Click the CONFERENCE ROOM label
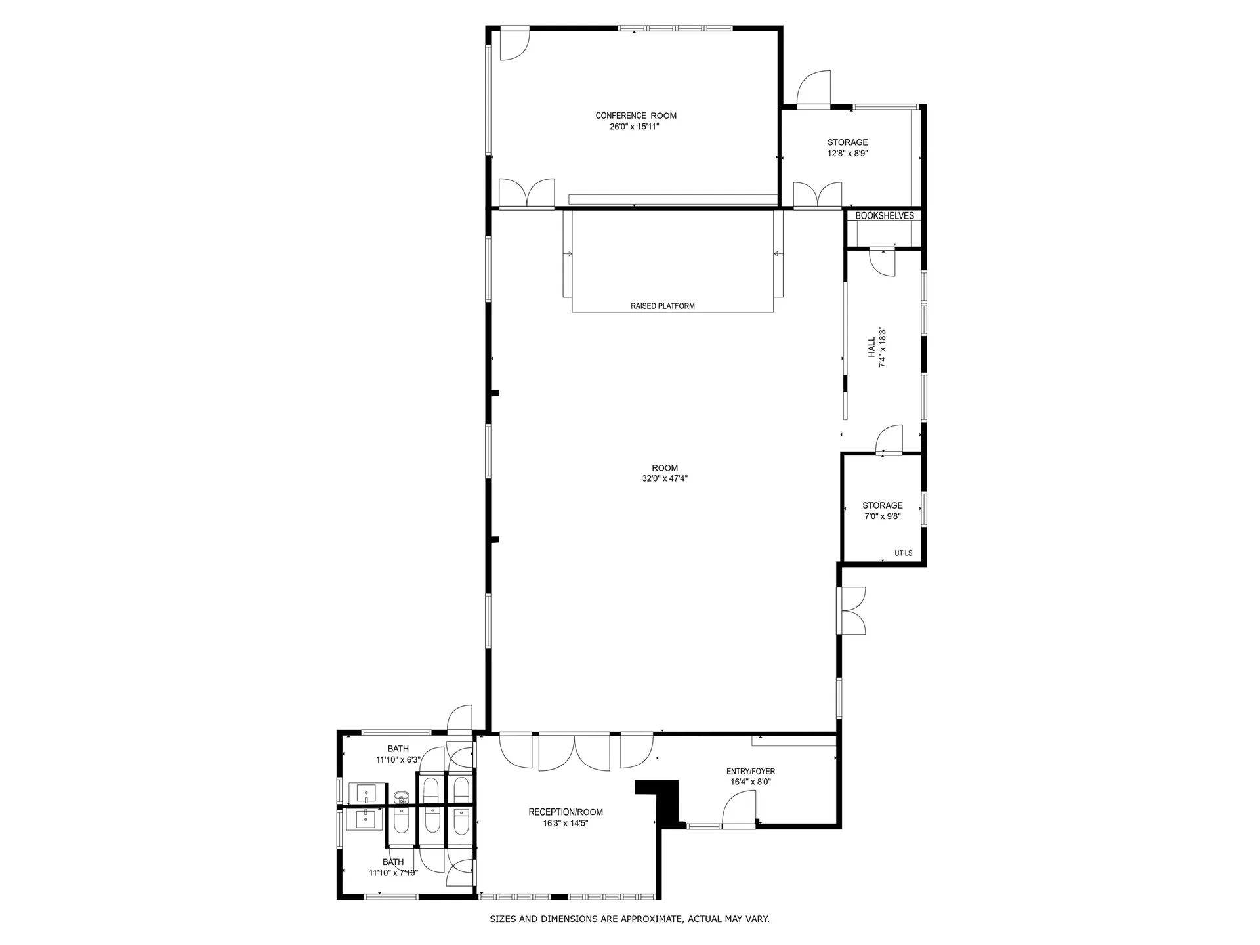coord(635,115)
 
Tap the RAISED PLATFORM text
coord(662,306)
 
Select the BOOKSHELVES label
coord(884,215)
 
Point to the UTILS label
coord(903,553)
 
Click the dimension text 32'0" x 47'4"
coord(664,478)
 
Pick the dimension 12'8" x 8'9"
coord(847,154)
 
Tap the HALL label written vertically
coord(872,348)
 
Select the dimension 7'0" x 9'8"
coord(882,516)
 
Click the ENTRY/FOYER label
coord(750,771)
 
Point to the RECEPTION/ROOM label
coord(565,812)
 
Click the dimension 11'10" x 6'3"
coord(398,760)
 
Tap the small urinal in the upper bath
coord(402,797)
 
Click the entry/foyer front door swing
coord(740,808)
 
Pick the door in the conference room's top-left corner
coord(514,45)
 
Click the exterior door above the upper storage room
coord(814,88)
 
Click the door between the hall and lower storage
coord(890,440)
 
